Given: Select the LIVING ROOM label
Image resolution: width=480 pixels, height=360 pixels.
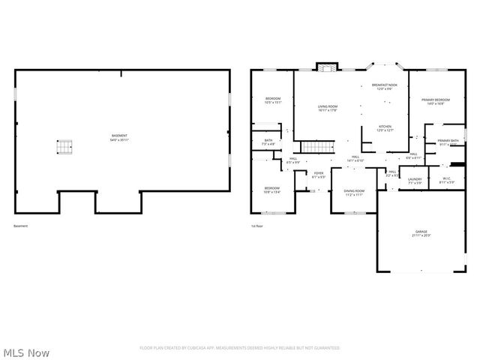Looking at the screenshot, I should (x=327, y=109).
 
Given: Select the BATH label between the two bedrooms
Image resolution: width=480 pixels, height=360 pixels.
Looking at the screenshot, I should (x=268, y=142).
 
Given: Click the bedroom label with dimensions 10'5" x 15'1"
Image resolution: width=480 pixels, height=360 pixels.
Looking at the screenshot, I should (x=273, y=100).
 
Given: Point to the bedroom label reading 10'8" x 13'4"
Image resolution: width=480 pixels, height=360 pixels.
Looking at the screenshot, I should (x=271, y=190).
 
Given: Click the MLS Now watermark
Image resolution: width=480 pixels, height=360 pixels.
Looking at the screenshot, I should (x=26, y=352).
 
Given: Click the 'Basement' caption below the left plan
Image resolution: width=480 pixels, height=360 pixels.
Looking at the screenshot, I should (x=21, y=226).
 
